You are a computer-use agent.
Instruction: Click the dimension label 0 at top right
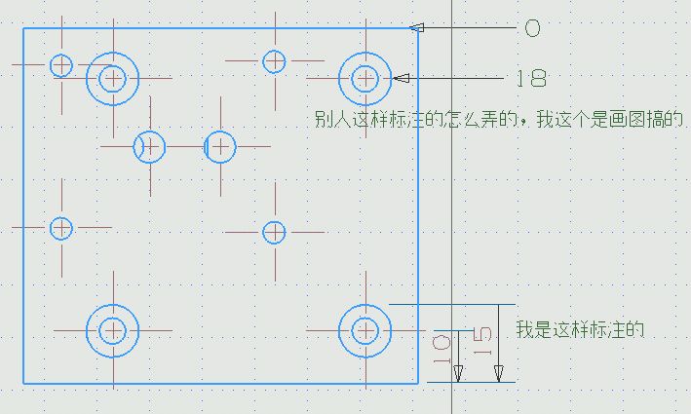[532, 28]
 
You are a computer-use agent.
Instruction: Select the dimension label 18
[530, 78]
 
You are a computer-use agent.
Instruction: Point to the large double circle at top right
[365, 77]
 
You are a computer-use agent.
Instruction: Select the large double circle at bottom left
[113, 330]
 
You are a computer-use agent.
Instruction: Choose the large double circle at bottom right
[365, 329]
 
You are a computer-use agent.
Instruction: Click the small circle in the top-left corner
[61, 65]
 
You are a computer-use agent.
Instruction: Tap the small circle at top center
[274, 60]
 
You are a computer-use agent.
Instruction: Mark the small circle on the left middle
[61, 228]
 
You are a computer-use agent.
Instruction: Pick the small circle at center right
[274, 232]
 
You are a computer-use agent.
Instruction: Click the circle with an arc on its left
[150, 147]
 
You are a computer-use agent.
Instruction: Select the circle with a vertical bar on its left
[219, 147]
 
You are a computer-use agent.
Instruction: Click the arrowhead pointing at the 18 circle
[401, 78]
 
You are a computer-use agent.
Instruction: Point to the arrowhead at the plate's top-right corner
[417, 28]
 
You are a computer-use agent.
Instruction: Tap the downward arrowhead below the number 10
[458, 372]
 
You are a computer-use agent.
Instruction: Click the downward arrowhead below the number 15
[498, 372]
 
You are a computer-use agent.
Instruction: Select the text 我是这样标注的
[581, 329]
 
